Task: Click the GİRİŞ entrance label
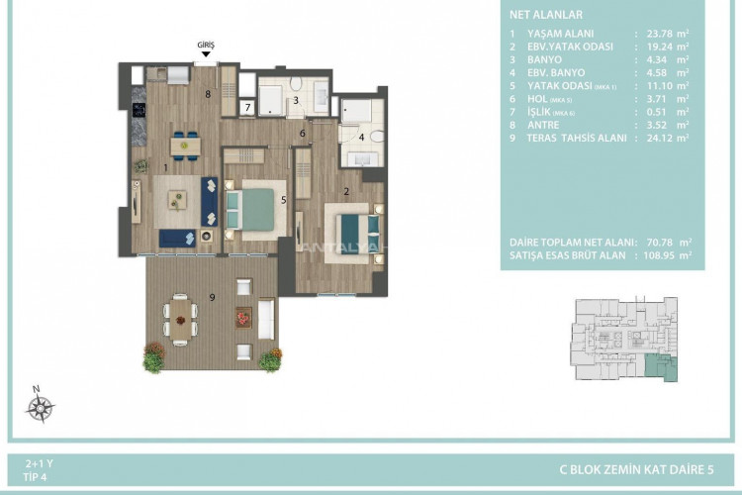click(206, 45)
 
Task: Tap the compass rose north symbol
click(41, 406)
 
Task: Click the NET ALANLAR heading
click(545, 16)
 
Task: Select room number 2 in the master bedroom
click(346, 191)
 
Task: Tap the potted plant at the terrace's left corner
click(153, 355)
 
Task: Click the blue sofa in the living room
click(210, 200)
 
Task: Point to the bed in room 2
click(349, 231)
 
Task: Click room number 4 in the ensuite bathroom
click(362, 137)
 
